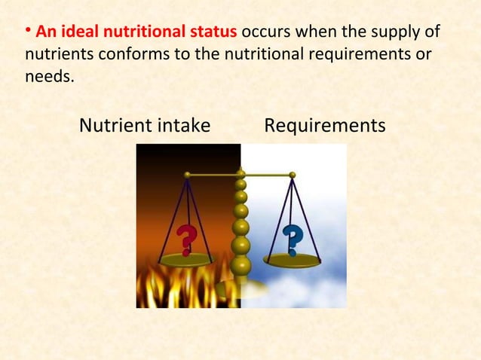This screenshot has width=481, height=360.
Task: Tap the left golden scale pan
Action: (x=187, y=259)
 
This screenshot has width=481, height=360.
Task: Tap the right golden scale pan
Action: (x=292, y=261)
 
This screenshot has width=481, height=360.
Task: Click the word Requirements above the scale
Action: (x=325, y=125)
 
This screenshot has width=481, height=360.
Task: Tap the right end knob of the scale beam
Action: (x=293, y=175)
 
